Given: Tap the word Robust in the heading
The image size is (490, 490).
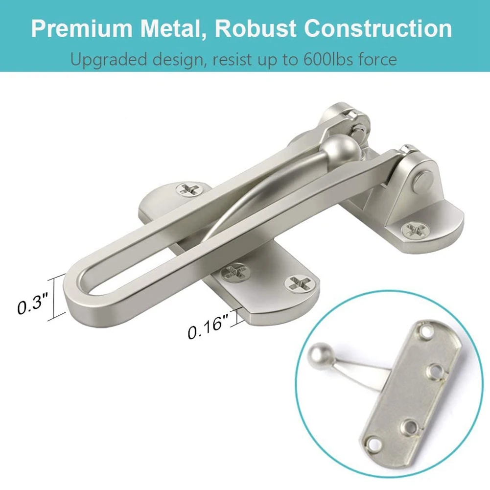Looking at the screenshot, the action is (x=255, y=28).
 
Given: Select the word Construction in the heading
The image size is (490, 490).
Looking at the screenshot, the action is (x=378, y=28).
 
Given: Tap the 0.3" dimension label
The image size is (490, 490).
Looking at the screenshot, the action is (x=32, y=304).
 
